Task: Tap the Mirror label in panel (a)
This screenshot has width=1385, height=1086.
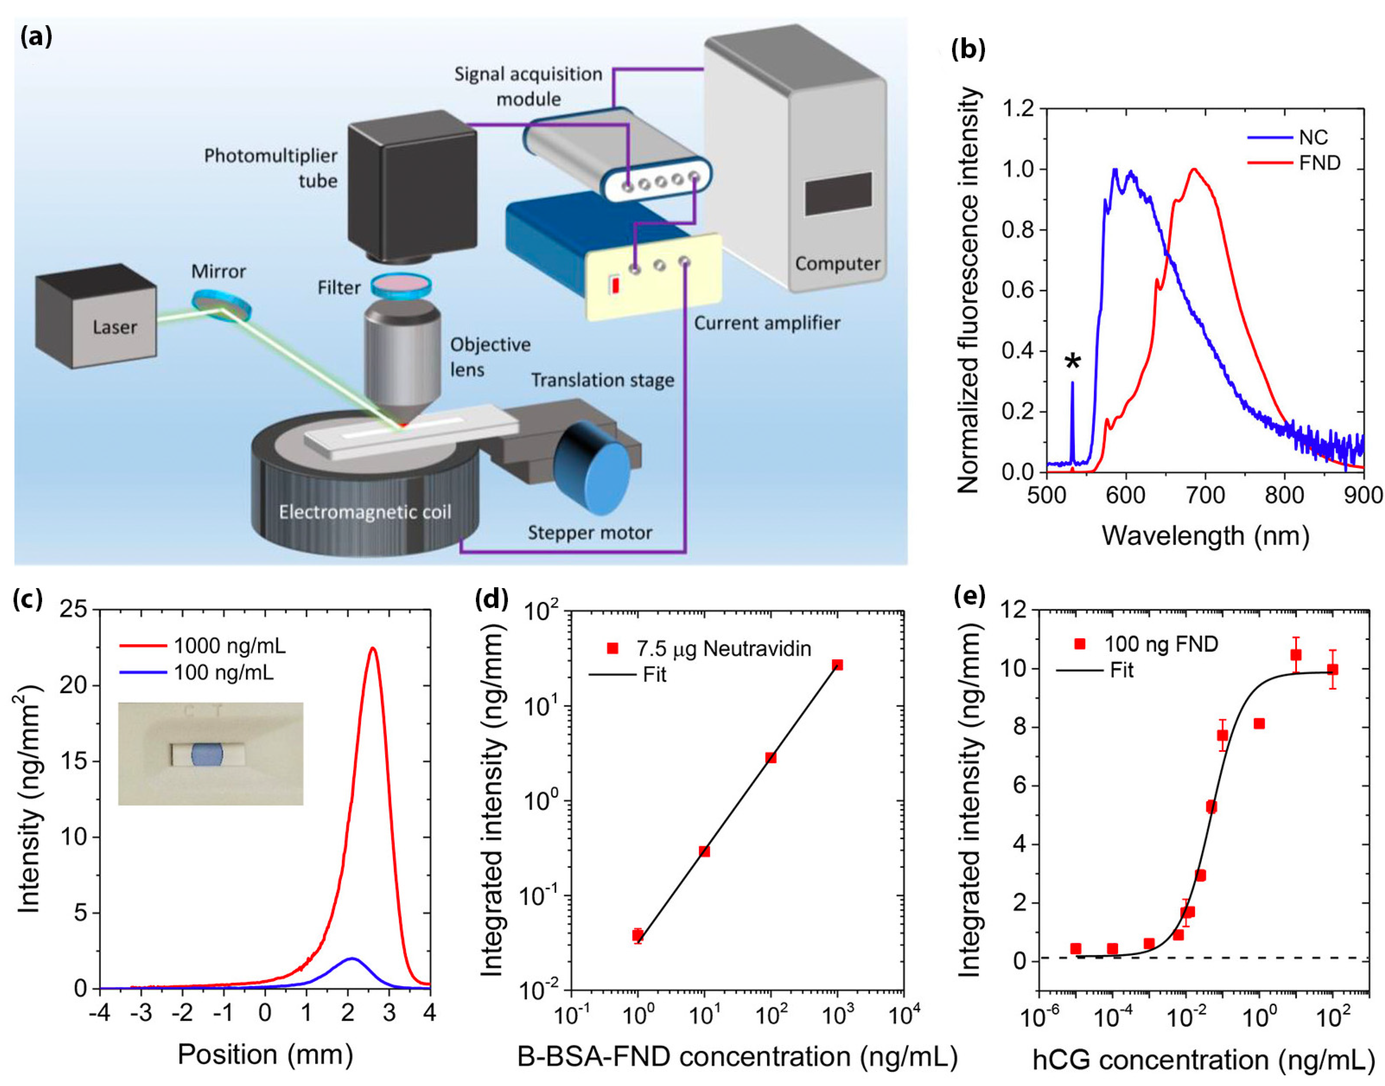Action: (218, 271)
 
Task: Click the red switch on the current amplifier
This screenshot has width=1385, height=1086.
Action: (615, 285)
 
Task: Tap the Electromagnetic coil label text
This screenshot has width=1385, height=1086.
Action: (365, 512)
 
